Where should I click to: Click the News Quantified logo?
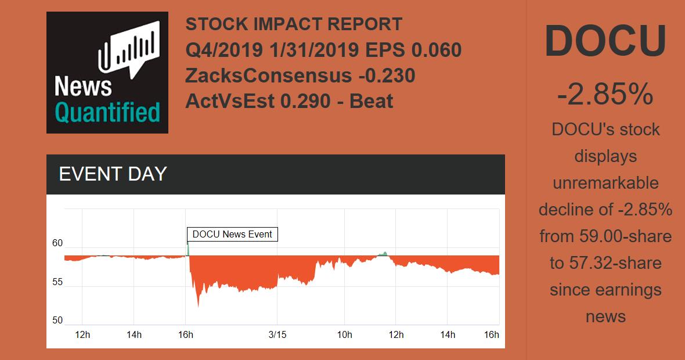pyautogui.click(x=107, y=73)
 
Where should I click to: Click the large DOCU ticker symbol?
pyautogui.click(x=605, y=41)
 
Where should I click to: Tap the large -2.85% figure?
pyautogui.click(x=605, y=94)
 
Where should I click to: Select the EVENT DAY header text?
pyautogui.click(x=113, y=174)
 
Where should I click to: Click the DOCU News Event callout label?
pyautogui.click(x=232, y=235)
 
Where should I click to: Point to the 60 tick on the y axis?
pyautogui.click(x=57, y=243)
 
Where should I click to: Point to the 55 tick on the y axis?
pyautogui.click(x=57, y=283)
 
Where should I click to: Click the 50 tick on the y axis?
pyautogui.click(x=57, y=321)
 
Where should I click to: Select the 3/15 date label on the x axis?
pyautogui.click(x=277, y=335)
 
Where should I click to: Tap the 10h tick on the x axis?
pyautogui.click(x=345, y=335)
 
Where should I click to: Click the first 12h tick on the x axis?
pyautogui.click(x=83, y=335)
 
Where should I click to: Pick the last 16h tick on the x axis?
pyautogui.click(x=492, y=335)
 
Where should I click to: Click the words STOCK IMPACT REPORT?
pyautogui.click(x=294, y=24)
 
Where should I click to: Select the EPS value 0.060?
pyautogui.click(x=436, y=51)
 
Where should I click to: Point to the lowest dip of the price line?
pyautogui.click(x=199, y=305)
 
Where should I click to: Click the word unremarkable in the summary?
pyautogui.click(x=605, y=183)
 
